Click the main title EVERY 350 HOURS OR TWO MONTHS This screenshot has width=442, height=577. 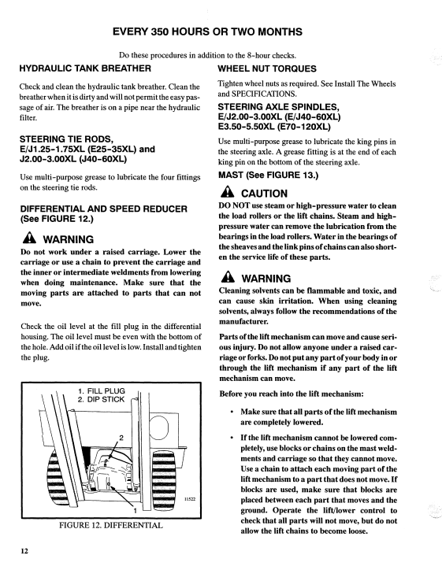pyautogui.click(x=207, y=32)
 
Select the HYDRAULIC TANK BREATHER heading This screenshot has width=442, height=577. pyautogui.click(x=85, y=68)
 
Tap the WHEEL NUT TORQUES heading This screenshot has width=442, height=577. pyautogui.click(x=267, y=68)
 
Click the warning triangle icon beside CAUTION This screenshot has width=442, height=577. pyautogui.click(x=228, y=192)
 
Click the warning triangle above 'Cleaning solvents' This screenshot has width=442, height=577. pyautogui.click(x=228, y=277)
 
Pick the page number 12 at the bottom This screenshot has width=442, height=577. pyautogui.click(x=24, y=551)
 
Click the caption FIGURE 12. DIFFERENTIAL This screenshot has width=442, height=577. pyautogui.click(x=111, y=525)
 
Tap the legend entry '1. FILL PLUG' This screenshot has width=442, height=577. pyautogui.click(x=102, y=390)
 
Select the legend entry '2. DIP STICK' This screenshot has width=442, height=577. pyautogui.click(x=102, y=400)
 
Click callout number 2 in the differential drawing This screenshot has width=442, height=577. pyautogui.click(x=121, y=438)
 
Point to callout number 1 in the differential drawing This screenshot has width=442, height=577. pyautogui.click(x=135, y=511)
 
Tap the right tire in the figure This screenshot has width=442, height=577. pyautogui.click(x=163, y=472)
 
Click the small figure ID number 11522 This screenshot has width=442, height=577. pyautogui.click(x=190, y=499)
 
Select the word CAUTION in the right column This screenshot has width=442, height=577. pyautogui.click(x=264, y=194)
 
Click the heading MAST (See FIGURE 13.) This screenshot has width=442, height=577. pyautogui.click(x=268, y=175)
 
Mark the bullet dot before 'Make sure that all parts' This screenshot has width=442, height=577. pyautogui.click(x=232, y=412)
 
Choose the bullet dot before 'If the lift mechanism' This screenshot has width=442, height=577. pyautogui.click(x=232, y=438)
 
